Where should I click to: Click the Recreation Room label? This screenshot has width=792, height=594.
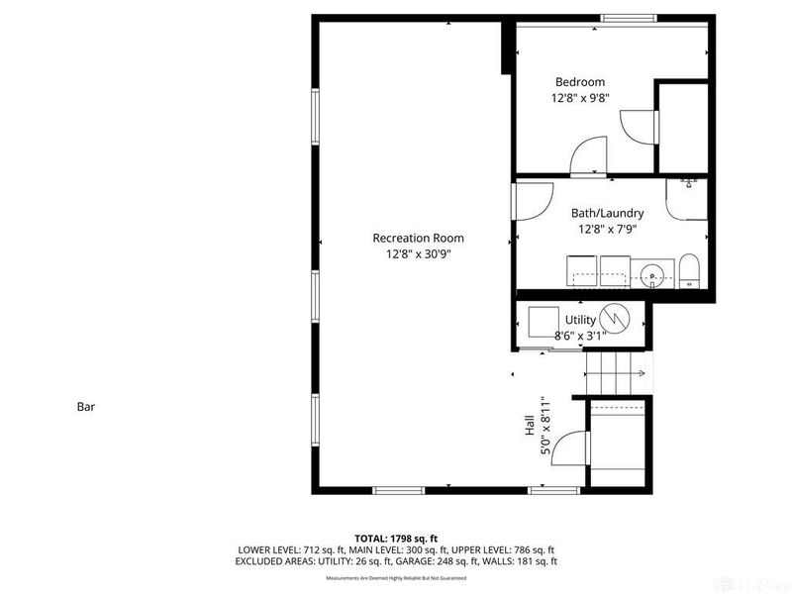[417, 238]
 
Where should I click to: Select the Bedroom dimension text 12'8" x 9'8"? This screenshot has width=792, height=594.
[579, 98]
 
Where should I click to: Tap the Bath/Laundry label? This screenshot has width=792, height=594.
[607, 213]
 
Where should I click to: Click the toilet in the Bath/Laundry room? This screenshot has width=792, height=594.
[689, 269]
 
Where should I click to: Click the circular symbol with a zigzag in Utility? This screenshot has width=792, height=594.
[616, 319]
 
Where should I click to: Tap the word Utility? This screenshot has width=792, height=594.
[580, 320]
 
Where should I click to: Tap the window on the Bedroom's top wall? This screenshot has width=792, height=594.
[630, 18]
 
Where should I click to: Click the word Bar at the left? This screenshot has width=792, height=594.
[85, 406]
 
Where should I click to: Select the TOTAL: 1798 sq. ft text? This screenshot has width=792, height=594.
[396, 538]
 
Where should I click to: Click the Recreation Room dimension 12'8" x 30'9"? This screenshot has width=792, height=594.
[417, 254]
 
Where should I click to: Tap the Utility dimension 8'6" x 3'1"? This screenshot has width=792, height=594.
[580, 336]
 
